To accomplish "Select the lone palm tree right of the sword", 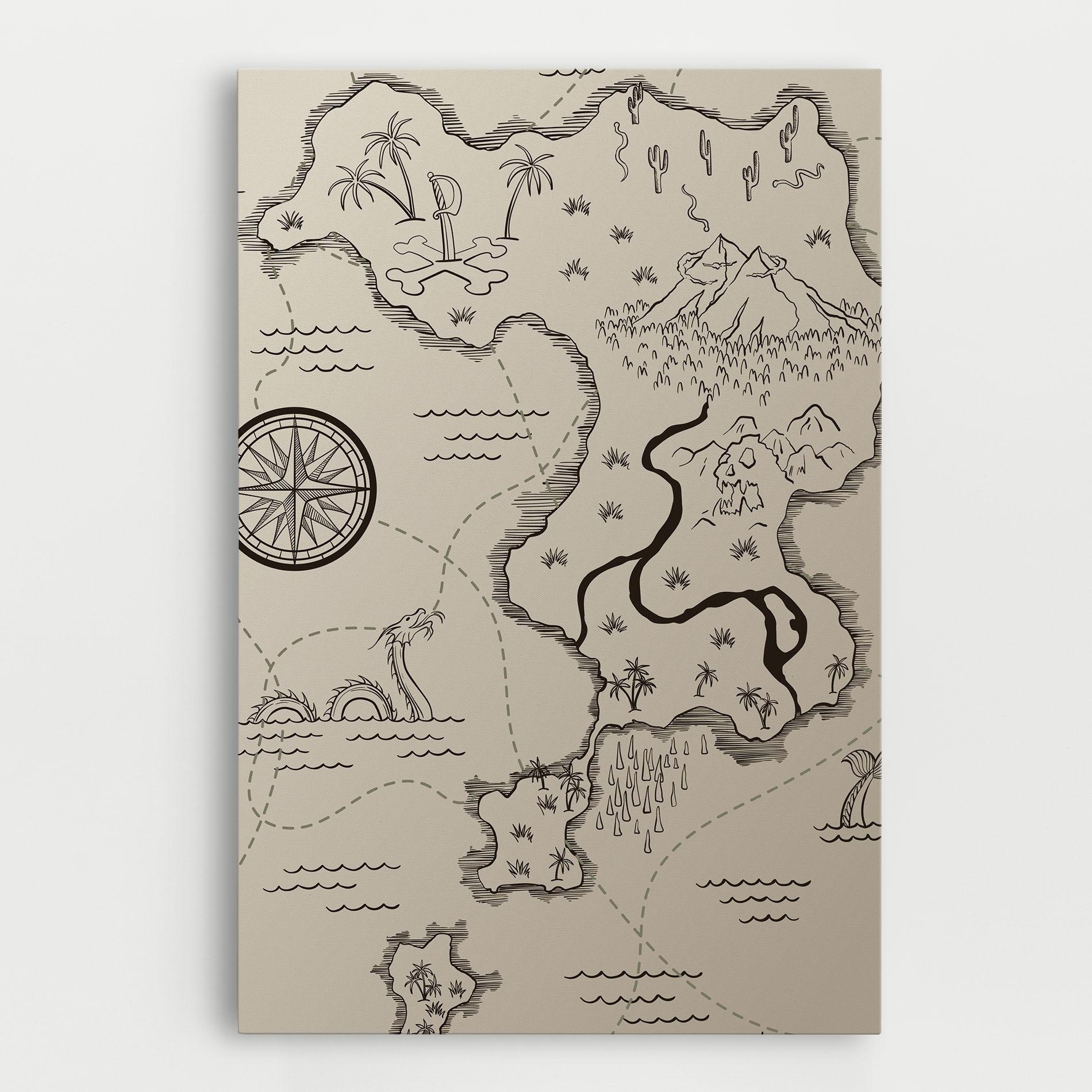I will coord(521,184).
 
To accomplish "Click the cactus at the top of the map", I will coord(635,103).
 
